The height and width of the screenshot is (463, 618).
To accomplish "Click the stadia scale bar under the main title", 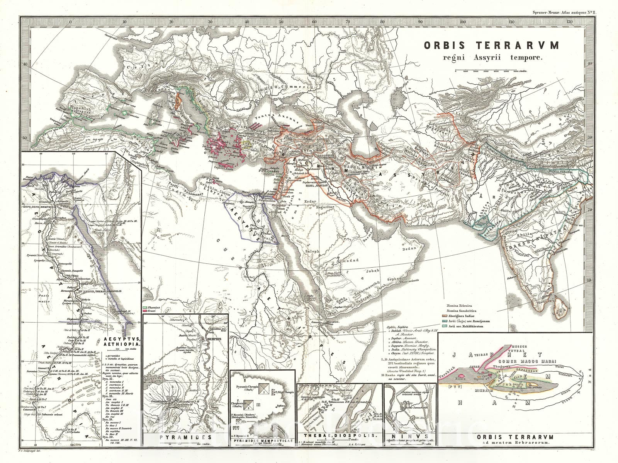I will [491, 72].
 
